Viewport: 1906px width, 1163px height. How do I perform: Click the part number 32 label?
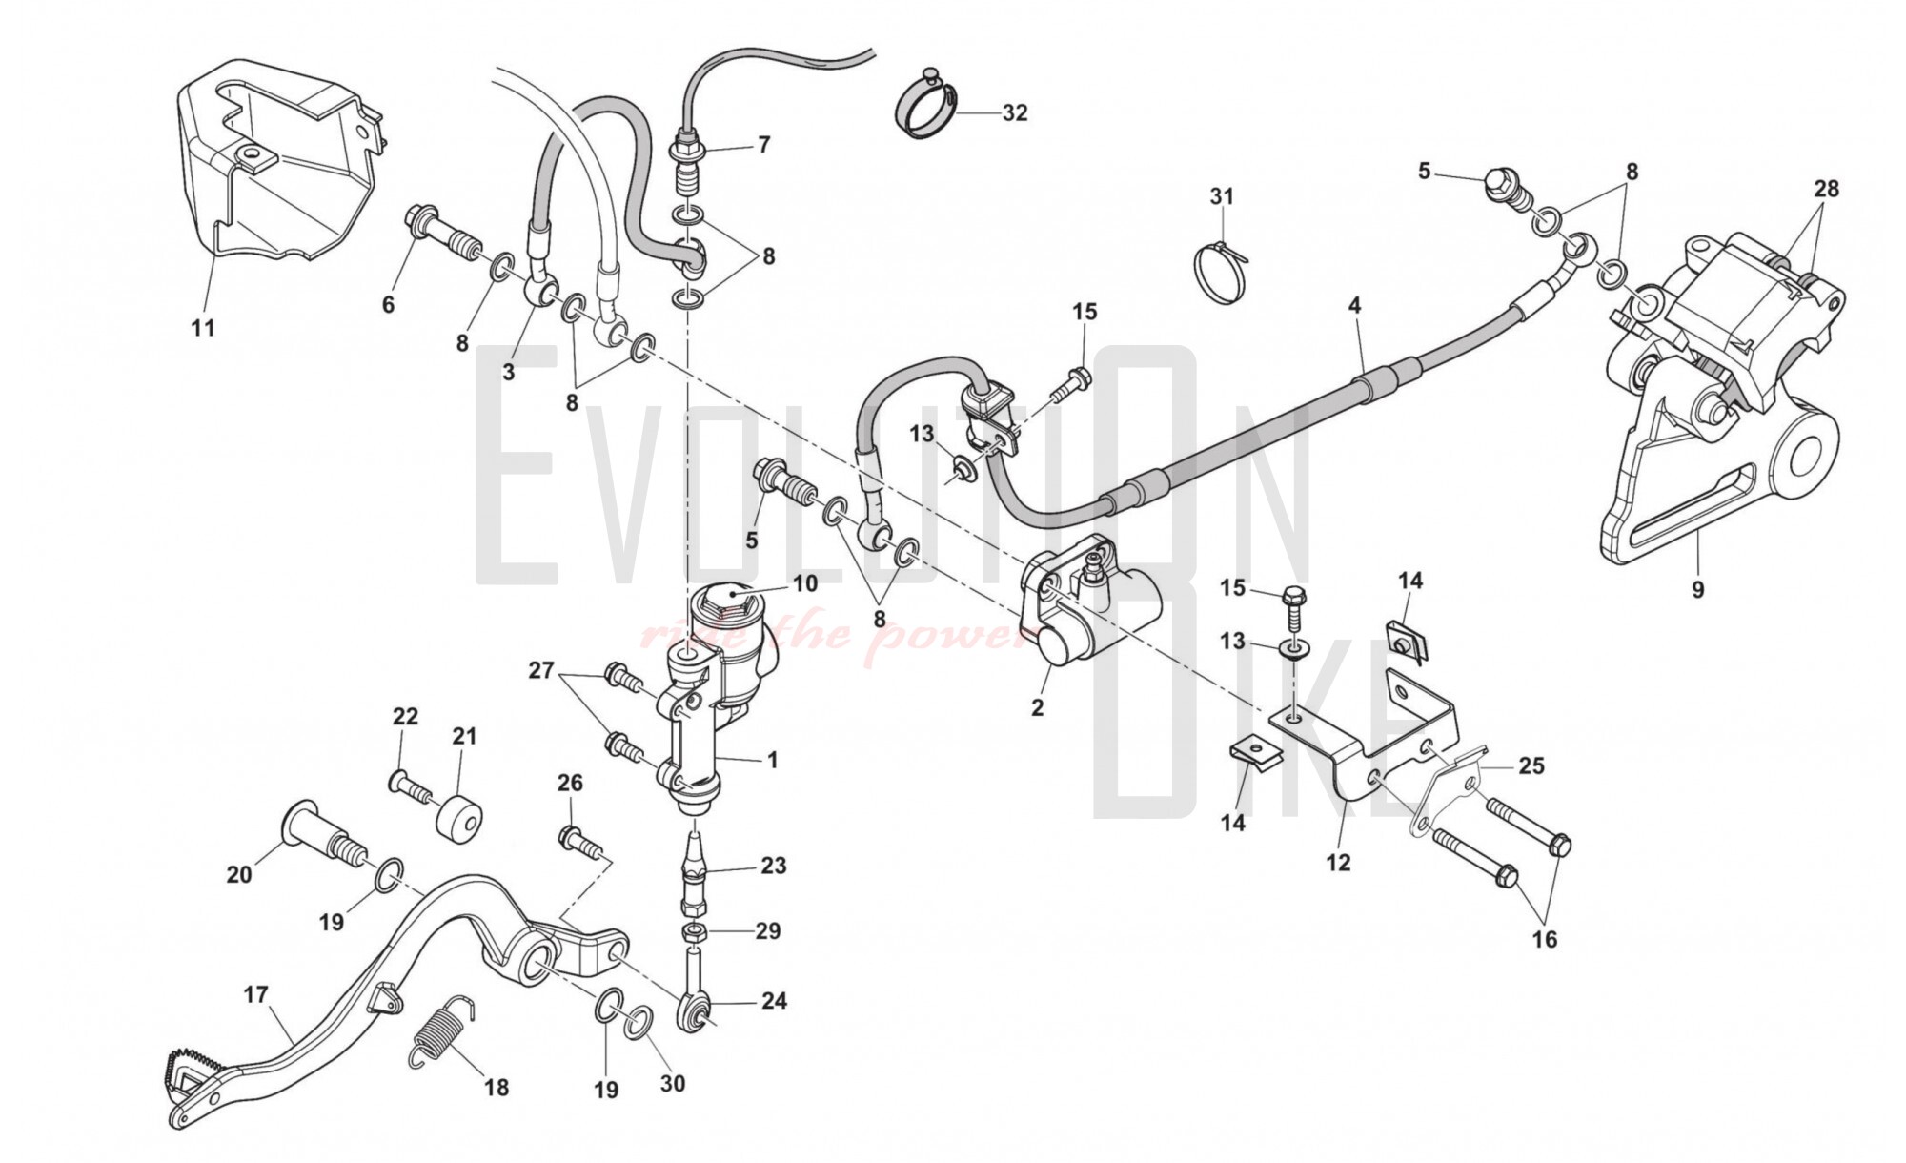(1015, 112)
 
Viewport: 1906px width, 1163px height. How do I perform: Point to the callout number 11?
(203, 328)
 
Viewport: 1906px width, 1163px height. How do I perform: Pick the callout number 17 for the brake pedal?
(255, 995)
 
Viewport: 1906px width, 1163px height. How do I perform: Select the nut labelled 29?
(695, 930)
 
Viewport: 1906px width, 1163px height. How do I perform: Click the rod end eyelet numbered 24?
(695, 1012)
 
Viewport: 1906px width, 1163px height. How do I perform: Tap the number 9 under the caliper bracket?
(1697, 590)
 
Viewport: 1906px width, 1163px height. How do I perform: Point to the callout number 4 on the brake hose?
(1354, 306)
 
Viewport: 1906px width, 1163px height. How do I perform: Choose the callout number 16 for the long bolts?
(1544, 939)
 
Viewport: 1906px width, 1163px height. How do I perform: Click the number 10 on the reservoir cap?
(805, 582)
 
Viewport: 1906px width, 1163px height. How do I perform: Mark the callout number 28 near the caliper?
(1826, 189)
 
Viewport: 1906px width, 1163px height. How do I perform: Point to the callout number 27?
(541, 670)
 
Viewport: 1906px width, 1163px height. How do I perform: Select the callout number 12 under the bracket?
(1338, 863)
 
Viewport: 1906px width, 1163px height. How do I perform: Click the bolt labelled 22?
(408, 785)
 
